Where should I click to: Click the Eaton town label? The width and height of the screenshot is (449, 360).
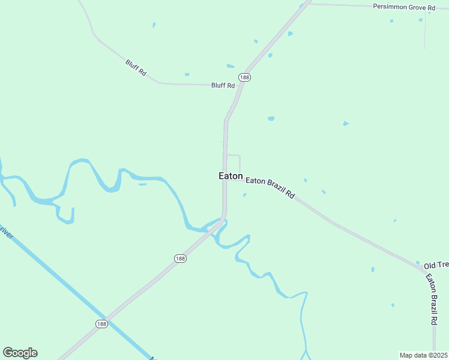point(231,176)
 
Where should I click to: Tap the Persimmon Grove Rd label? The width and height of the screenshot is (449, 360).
point(404,7)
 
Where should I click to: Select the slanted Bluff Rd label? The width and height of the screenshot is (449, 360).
point(136,67)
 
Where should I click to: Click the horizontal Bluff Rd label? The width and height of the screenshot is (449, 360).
point(223,86)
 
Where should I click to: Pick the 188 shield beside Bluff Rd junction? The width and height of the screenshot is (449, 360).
point(244,77)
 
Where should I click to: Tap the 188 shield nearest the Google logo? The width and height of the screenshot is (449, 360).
point(101,323)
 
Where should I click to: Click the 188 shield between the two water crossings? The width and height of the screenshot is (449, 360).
point(181,259)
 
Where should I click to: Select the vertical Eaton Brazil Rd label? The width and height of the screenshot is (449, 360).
point(432,300)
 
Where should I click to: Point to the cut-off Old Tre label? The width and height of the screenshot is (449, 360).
point(436,265)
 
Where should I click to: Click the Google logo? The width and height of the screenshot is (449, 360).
point(20,353)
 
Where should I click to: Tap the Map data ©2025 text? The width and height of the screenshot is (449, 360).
point(423,355)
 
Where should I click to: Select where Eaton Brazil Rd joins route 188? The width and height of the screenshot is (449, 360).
point(226,178)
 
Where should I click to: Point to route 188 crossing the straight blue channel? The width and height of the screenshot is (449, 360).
point(106,317)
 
